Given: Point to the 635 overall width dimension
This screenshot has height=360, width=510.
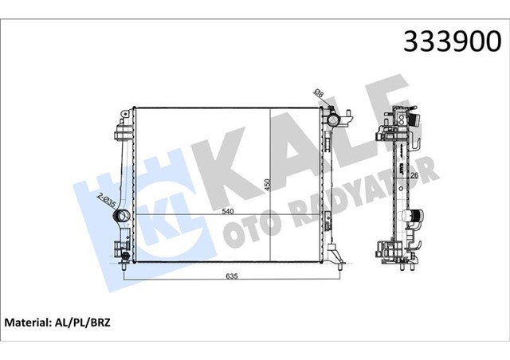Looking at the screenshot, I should [x=231, y=276].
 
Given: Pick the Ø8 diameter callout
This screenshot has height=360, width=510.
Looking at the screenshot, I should [x=320, y=96].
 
